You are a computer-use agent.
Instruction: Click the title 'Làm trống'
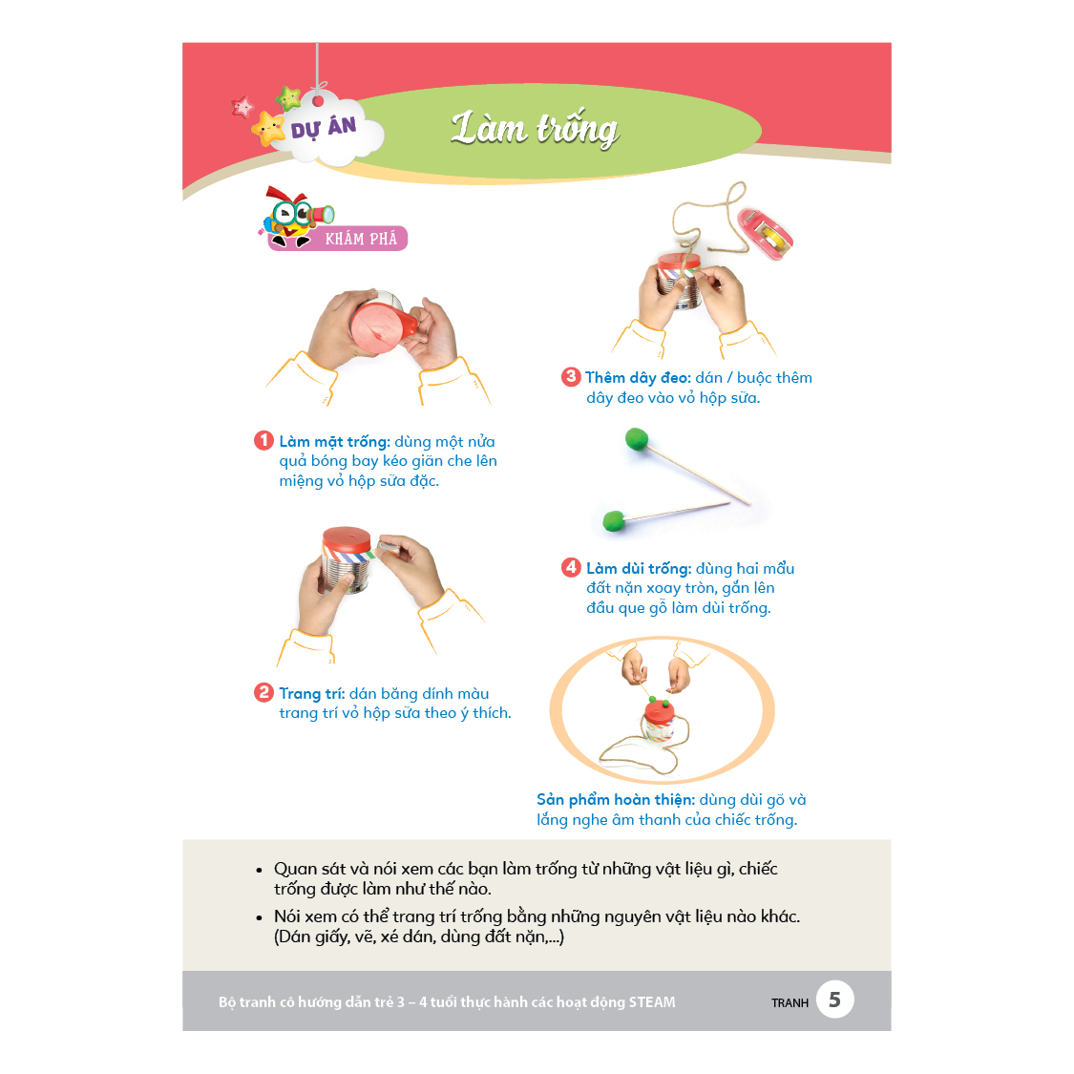535,130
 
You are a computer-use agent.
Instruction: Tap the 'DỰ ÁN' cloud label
324,128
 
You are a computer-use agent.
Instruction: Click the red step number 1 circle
263,440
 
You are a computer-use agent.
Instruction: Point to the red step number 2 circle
263,692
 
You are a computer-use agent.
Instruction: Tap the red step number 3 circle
571,377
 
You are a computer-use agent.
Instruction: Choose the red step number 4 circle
571,567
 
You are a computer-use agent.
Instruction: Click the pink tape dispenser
765,234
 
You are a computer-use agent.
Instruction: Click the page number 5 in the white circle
834,1000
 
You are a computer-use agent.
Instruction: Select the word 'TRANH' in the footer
790,1002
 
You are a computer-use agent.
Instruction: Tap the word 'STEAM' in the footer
651,1002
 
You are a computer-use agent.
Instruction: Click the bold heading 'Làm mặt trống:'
334,442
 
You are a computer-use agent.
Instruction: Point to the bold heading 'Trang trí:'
311,694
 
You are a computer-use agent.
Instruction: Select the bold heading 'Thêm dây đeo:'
638,378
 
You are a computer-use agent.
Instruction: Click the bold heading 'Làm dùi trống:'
639,569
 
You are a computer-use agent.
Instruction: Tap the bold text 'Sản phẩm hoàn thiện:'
616,800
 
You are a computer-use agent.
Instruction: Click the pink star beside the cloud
242,107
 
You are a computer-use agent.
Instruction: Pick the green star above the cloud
288,98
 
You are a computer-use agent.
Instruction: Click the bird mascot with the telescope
295,217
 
